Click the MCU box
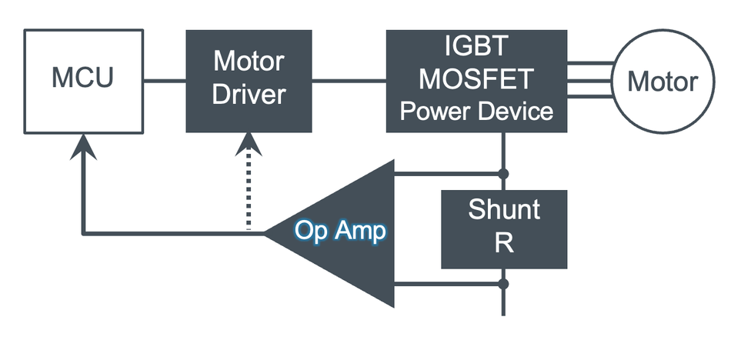(83, 80)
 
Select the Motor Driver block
(249, 80)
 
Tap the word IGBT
(476, 47)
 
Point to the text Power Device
(476, 112)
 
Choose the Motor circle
(662, 81)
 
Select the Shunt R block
(504, 228)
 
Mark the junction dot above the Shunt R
(504, 174)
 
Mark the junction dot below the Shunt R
(504, 284)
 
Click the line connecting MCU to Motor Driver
(165, 80)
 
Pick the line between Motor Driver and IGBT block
(349, 80)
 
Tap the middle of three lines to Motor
(589, 80)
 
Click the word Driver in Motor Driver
(249, 95)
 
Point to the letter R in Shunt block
(504, 244)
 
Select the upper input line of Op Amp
(446, 174)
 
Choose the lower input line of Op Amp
(446, 284)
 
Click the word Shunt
(504, 210)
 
